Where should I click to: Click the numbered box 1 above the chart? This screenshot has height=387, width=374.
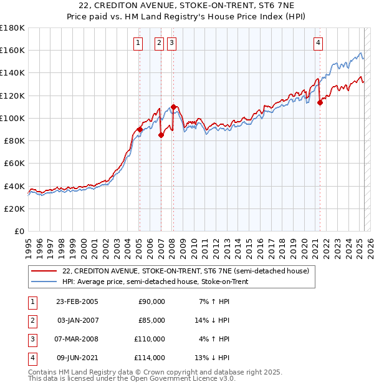(x=137, y=43)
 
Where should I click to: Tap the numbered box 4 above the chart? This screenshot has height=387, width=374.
(x=318, y=43)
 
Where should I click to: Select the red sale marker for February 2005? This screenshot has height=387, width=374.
(x=140, y=129)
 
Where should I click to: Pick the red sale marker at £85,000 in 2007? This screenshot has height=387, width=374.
(x=161, y=135)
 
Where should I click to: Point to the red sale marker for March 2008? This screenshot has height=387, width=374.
(x=173, y=107)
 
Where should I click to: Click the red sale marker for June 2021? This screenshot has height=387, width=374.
(x=320, y=102)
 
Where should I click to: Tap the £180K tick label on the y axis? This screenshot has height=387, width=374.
(x=12, y=27)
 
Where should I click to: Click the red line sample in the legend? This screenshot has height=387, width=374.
(x=44, y=271)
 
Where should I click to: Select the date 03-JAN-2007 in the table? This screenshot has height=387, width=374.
(x=77, y=320)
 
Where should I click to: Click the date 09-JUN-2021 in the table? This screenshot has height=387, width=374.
(x=77, y=358)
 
